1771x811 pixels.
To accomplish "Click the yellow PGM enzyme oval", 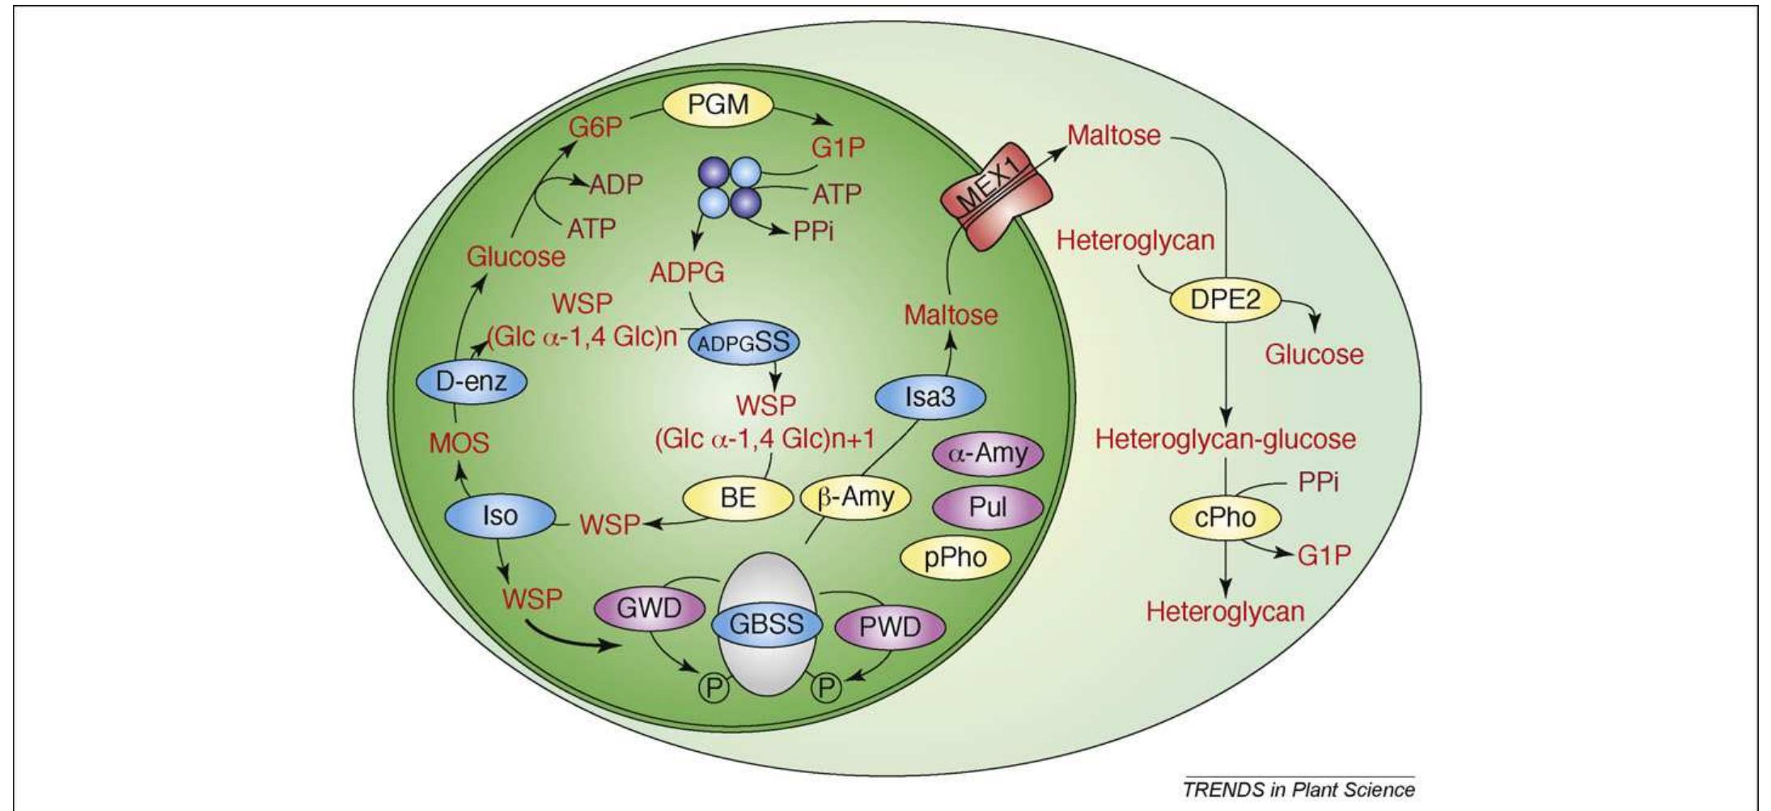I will tap(718, 105).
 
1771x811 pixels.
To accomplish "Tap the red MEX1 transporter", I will tap(996, 197).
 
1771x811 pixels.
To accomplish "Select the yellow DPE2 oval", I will tap(1225, 300).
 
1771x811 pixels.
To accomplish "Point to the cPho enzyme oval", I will tap(1225, 516).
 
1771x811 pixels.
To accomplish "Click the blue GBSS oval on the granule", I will tap(766, 624).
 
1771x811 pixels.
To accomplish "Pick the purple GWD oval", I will tap(650, 608).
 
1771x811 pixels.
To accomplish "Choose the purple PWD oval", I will tap(889, 626).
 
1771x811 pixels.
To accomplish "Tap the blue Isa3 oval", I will tap(930, 397).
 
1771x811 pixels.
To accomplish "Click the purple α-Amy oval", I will tap(988, 453).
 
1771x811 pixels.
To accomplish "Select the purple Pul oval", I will tap(988, 507).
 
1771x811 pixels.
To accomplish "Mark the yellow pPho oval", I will tap(955, 558).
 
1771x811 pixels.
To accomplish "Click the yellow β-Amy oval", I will tap(855, 497).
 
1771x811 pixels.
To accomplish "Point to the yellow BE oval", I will tap(737, 497).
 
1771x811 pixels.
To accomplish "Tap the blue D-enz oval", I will tap(471, 381).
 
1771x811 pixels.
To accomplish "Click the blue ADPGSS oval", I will tap(744, 342).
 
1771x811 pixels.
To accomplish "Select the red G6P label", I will tap(595, 128).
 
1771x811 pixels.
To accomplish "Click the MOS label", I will tap(459, 443).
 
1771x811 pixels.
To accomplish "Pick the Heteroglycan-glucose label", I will tap(1225, 439).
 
